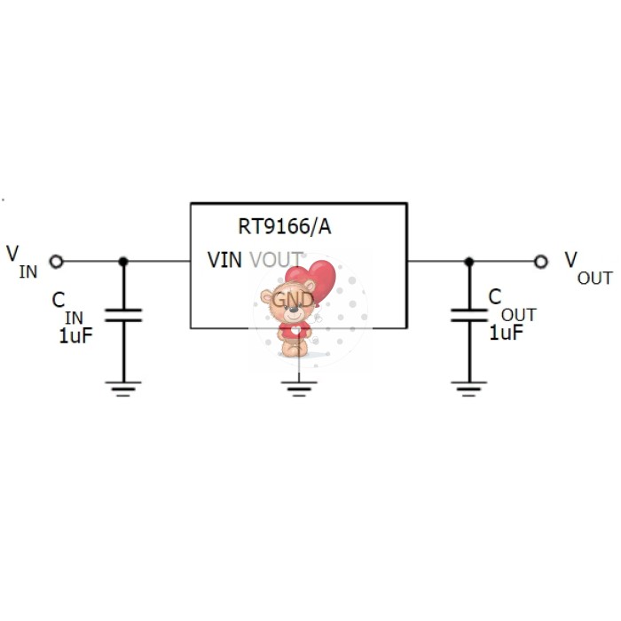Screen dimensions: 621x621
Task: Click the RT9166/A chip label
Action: click(x=285, y=227)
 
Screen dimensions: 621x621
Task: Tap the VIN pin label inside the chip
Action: click(x=225, y=260)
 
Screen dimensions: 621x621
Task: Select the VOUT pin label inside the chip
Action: click(x=276, y=260)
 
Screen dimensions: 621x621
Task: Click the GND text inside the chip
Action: click(x=293, y=299)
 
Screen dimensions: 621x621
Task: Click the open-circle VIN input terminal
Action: click(x=56, y=261)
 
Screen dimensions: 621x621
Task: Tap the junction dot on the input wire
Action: click(x=123, y=261)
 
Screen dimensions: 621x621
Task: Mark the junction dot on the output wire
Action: click(x=469, y=261)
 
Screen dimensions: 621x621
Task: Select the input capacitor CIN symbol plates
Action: click(x=123, y=314)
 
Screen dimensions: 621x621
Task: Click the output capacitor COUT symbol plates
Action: click(x=469, y=314)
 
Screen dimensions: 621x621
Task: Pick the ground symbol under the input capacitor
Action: click(x=123, y=388)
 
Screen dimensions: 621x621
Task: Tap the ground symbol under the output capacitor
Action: click(x=469, y=388)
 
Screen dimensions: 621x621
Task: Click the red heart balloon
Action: click(x=316, y=279)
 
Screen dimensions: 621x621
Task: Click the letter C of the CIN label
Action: click(x=59, y=300)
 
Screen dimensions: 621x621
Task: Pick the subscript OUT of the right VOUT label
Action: click(x=594, y=278)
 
